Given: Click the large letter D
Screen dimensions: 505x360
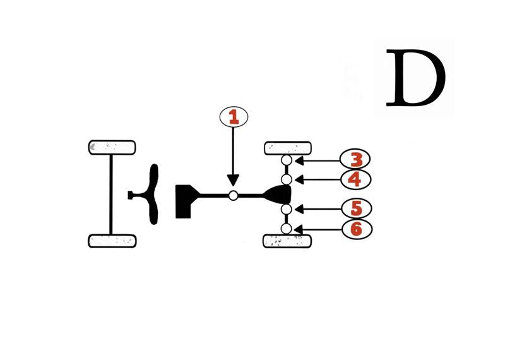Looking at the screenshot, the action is (x=416, y=78).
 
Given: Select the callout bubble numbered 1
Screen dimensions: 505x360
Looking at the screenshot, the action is (x=234, y=117).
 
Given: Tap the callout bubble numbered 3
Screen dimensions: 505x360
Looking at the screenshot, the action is (x=355, y=159).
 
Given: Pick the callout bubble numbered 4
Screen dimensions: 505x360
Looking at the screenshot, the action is (x=355, y=179).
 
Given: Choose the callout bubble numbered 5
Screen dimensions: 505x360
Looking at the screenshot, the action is (x=357, y=208).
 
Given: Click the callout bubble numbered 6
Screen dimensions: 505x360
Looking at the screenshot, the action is (x=357, y=229).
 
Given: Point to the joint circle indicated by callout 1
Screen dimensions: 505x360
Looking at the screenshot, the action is (x=233, y=195).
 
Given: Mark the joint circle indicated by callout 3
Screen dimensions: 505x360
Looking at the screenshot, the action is (x=287, y=160).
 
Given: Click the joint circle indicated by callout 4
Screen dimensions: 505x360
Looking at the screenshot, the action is (x=287, y=179).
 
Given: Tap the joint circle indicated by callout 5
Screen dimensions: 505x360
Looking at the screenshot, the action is (x=287, y=209).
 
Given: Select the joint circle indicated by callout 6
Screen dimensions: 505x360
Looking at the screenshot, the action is (x=286, y=229).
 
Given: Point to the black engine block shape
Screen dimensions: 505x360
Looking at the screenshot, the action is (x=187, y=201).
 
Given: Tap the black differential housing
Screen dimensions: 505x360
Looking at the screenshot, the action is (x=278, y=195).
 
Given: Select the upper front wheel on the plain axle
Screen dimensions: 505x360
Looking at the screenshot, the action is (x=112, y=148).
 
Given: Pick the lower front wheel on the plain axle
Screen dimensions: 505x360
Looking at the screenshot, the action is (x=112, y=241).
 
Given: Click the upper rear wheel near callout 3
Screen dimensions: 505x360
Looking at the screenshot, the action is (x=288, y=148).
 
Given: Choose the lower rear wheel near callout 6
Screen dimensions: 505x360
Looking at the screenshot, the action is (x=287, y=241).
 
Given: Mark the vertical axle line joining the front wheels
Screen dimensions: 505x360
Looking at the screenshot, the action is (x=111, y=195).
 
